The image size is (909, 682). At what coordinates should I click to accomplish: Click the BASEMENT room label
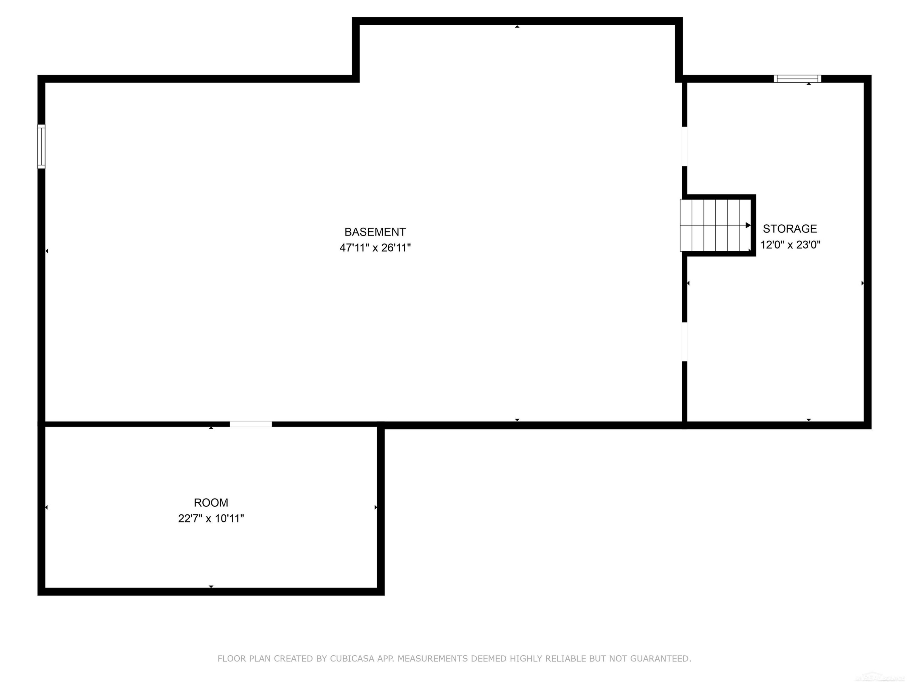375,232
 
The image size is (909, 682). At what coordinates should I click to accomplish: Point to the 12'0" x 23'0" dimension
790,245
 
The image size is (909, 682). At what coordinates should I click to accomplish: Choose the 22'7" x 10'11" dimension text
211,518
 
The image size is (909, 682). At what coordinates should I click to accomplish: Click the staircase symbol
715,225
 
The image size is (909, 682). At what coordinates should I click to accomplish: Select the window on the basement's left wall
41,146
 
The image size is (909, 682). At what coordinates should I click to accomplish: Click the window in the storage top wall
797,79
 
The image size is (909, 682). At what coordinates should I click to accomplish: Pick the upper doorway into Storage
684,146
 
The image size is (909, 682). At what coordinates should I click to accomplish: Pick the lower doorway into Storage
684,342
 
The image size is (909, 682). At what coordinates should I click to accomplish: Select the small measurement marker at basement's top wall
517,27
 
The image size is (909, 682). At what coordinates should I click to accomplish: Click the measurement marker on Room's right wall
376,507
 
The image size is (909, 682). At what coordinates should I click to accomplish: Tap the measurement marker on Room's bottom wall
211,587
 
